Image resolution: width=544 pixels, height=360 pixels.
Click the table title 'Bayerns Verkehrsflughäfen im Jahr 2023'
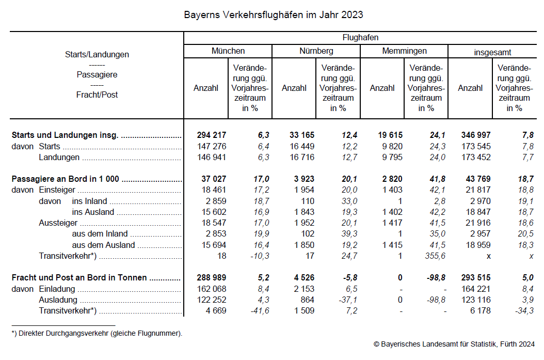(x=274, y=14)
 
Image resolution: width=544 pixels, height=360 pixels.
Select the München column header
(x=228, y=51)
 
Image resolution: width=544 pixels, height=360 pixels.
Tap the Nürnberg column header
(x=316, y=51)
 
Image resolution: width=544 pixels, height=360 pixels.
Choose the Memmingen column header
(x=404, y=51)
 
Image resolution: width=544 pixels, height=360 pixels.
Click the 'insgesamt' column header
(x=492, y=52)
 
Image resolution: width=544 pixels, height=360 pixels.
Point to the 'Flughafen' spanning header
(x=360, y=38)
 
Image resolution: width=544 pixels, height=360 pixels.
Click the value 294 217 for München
(x=211, y=135)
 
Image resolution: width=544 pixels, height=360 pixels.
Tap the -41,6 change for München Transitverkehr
(x=259, y=311)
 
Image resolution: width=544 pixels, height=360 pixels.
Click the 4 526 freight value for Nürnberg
(x=303, y=278)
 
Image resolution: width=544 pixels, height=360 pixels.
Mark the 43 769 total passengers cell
(x=478, y=179)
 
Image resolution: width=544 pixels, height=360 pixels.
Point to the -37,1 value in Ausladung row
(x=347, y=300)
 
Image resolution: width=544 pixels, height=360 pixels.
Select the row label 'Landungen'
(x=59, y=158)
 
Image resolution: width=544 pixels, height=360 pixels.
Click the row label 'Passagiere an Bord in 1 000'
(x=66, y=179)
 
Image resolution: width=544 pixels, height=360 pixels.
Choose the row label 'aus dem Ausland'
(x=103, y=245)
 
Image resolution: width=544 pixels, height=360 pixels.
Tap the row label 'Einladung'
(x=57, y=289)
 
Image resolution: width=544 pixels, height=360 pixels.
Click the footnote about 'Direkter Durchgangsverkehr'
(x=97, y=334)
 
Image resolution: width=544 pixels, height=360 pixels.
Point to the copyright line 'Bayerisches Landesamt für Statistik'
(x=454, y=344)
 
